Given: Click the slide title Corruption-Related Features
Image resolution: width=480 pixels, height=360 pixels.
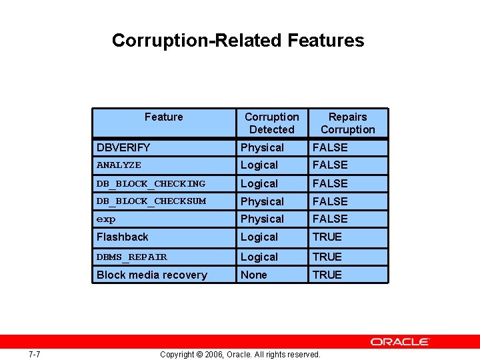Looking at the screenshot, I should (238, 41).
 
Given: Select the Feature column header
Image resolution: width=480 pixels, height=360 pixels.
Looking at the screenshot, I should (163, 117).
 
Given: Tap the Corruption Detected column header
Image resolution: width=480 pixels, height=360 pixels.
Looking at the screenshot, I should (271, 123).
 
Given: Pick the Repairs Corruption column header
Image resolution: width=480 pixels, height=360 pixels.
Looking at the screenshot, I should (347, 123).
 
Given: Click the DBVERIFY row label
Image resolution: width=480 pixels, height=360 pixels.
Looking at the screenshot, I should (123, 147).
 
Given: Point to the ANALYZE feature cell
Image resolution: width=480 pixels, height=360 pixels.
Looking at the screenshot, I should (119, 165).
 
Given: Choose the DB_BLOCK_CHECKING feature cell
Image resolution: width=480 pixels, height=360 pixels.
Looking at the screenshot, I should (151, 183).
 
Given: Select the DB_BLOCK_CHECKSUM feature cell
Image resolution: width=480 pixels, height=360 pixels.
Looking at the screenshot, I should (151, 201).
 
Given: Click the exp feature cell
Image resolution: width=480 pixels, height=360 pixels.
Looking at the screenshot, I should (106, 219).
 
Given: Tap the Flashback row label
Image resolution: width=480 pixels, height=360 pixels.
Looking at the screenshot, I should (123, 237).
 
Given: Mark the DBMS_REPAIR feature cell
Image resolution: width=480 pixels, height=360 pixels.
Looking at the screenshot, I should (132, 257).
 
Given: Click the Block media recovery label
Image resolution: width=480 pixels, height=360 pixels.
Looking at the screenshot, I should (152, 275).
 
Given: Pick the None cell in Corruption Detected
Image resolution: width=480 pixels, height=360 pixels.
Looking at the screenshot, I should (254, 275).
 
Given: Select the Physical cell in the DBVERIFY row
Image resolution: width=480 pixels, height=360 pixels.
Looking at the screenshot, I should (262, 147).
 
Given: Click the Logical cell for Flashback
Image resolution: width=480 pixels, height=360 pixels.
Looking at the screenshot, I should (259, 237).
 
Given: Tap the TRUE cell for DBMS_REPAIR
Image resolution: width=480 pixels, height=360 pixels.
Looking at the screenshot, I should (327, 257).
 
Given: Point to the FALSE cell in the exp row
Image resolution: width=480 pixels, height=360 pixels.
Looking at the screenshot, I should (330, 219).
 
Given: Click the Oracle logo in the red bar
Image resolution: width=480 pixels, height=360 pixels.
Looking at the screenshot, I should (400, 341).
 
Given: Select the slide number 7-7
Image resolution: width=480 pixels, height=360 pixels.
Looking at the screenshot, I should (35, 354).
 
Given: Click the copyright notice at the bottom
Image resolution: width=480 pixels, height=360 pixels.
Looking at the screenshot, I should (240, 354).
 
